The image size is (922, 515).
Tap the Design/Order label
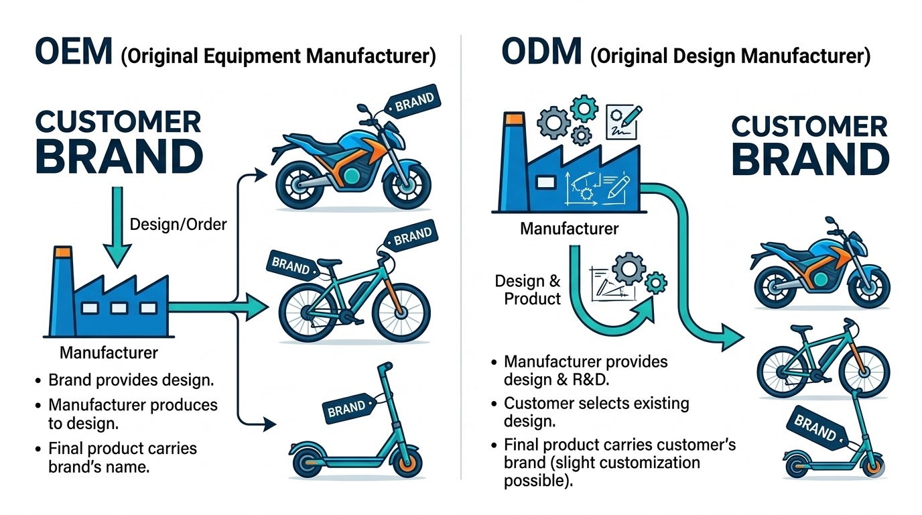coord(178,224)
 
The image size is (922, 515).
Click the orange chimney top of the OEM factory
coord(62,253)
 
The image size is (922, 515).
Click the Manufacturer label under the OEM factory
coord(109,353)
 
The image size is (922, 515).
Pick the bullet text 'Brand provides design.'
coord(131,380)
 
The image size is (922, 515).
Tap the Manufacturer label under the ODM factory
coord(570,229)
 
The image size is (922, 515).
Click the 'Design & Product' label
coord(528,290)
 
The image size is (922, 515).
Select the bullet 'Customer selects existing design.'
coord(596,412)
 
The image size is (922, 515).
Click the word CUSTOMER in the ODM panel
coord(809,127)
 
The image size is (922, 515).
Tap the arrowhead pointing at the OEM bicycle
coord(258,308)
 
